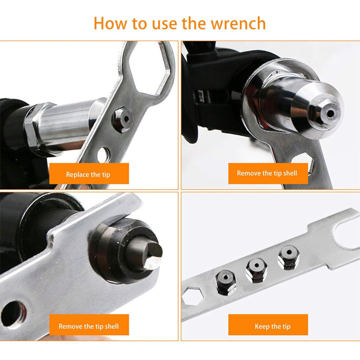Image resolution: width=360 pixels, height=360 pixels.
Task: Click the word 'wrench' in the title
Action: (x=238, y=23)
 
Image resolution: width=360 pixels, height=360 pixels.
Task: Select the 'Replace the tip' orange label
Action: (x=89, y=173)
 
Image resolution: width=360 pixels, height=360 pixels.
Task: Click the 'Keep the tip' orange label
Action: (x=268, y=325)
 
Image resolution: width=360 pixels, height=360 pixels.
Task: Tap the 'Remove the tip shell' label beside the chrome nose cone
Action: (x=268, y=173)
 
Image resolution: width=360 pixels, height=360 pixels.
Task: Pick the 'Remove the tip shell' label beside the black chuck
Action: (x=89, y=325)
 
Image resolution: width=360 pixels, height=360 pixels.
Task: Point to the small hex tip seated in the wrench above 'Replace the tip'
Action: (x=123, y=119)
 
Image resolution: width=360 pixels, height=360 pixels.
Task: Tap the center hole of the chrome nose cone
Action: (x=331, y=113)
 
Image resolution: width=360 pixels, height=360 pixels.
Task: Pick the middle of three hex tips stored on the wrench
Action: (x=256, y=270)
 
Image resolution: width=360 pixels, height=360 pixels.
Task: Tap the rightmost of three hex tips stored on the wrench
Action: (x=289, y=257)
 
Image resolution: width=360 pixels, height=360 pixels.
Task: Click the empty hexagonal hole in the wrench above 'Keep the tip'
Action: (x=192, y=296)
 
